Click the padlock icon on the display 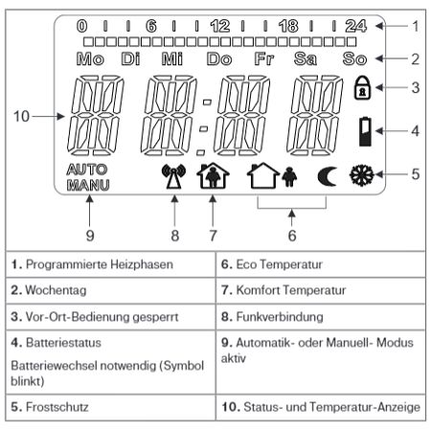[x=362, y=88]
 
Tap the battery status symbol [x=365, y=131]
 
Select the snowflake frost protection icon [x=362, y=175]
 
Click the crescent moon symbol [x=328, y=177]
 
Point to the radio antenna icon [x=174, y=176]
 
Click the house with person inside [x=213, y=175]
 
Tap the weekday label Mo [x=90, y=59]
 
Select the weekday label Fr [x=264, y=58]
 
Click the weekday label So [x=354, y=58]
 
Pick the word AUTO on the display [x=87, y=170]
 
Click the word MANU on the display [x=88, y=185]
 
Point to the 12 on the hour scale [x=220, y=26]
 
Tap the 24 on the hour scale [x=356, y=26]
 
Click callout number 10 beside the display [x=21, y=117]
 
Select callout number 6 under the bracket [x=292, y=236]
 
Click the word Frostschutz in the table [x=57, y=407]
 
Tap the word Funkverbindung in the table [x=280, y=317]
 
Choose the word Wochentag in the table [x=56, y=290]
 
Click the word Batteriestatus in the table [x=63, y=343]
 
